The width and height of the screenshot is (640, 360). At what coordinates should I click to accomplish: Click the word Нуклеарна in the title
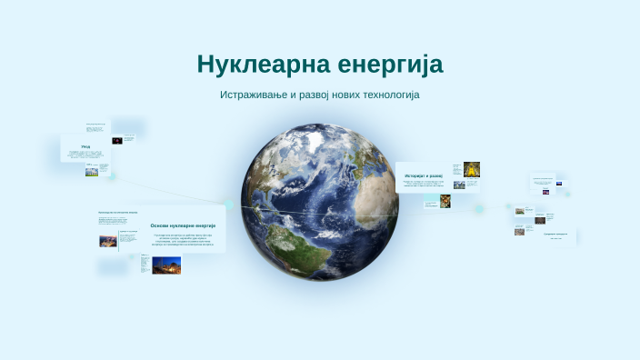pyautogui.click(x=256, y=65)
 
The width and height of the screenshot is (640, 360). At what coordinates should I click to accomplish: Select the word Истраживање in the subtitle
pyautogui.click(x=258, y=95)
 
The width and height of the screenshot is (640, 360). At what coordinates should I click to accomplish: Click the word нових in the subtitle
pyautogui.click(x=358, y=95)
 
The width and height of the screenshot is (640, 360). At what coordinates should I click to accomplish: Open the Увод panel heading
pyautogui.click(x=85, y=146)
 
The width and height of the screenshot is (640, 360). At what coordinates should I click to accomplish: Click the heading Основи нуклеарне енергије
pyautogui.click(x=183, y=225)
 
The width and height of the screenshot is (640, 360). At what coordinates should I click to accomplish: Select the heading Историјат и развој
pyautogui.click(x=424, y=175)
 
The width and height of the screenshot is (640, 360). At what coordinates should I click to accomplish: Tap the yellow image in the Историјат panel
pyautogui.click(x=472, y=169)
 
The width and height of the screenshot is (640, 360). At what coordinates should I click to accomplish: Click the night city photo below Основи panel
pyautogui.click(x=165, y=265)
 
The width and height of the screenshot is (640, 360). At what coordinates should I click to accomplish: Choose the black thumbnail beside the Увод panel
pyautogui.click(x=117, y=140)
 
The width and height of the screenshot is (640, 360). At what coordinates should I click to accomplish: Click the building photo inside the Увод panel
pyautogui.click(x=92, y=170)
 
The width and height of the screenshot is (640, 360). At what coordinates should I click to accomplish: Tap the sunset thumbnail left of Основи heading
pyautogui.click(x=108, y=241)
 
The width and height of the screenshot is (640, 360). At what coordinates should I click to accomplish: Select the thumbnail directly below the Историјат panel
pyautogui.click(x=445, y=201)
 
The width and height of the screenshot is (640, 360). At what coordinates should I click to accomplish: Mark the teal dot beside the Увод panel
pyautogui.click(x=113, y=176)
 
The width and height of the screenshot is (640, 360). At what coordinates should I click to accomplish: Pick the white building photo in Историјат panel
pyautogui.click(x=459, y=185)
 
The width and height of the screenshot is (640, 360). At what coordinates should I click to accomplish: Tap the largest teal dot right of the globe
pyautogui.click(x=478, y=208)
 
